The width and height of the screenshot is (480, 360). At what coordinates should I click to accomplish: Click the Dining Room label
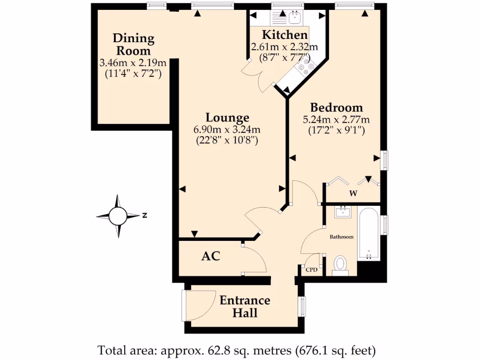(x=133, y=45)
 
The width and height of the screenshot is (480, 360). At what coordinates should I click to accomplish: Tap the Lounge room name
(x=227, y=118)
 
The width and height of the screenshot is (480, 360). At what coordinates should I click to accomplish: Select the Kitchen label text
(x=285, y=35)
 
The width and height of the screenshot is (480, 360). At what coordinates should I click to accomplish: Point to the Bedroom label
(x=336, y=107)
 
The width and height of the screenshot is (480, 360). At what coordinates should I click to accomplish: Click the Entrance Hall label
(x=245, y=306)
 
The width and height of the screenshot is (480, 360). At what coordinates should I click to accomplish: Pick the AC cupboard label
(x=210, y=256)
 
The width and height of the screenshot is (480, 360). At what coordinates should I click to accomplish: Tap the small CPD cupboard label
(x=312, y=270)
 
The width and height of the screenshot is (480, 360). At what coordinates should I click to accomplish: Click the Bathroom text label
(x=341, y=237)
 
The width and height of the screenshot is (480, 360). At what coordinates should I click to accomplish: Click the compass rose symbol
(x=118, y=216)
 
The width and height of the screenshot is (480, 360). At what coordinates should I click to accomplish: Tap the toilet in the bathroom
(x=340, y=265)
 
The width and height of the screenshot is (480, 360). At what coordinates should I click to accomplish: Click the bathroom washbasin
(x=345, y=212)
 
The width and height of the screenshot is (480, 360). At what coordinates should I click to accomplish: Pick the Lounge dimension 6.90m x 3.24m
(x=227, y=129)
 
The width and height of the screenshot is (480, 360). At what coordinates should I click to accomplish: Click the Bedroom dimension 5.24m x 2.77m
(x=336, y=119)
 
